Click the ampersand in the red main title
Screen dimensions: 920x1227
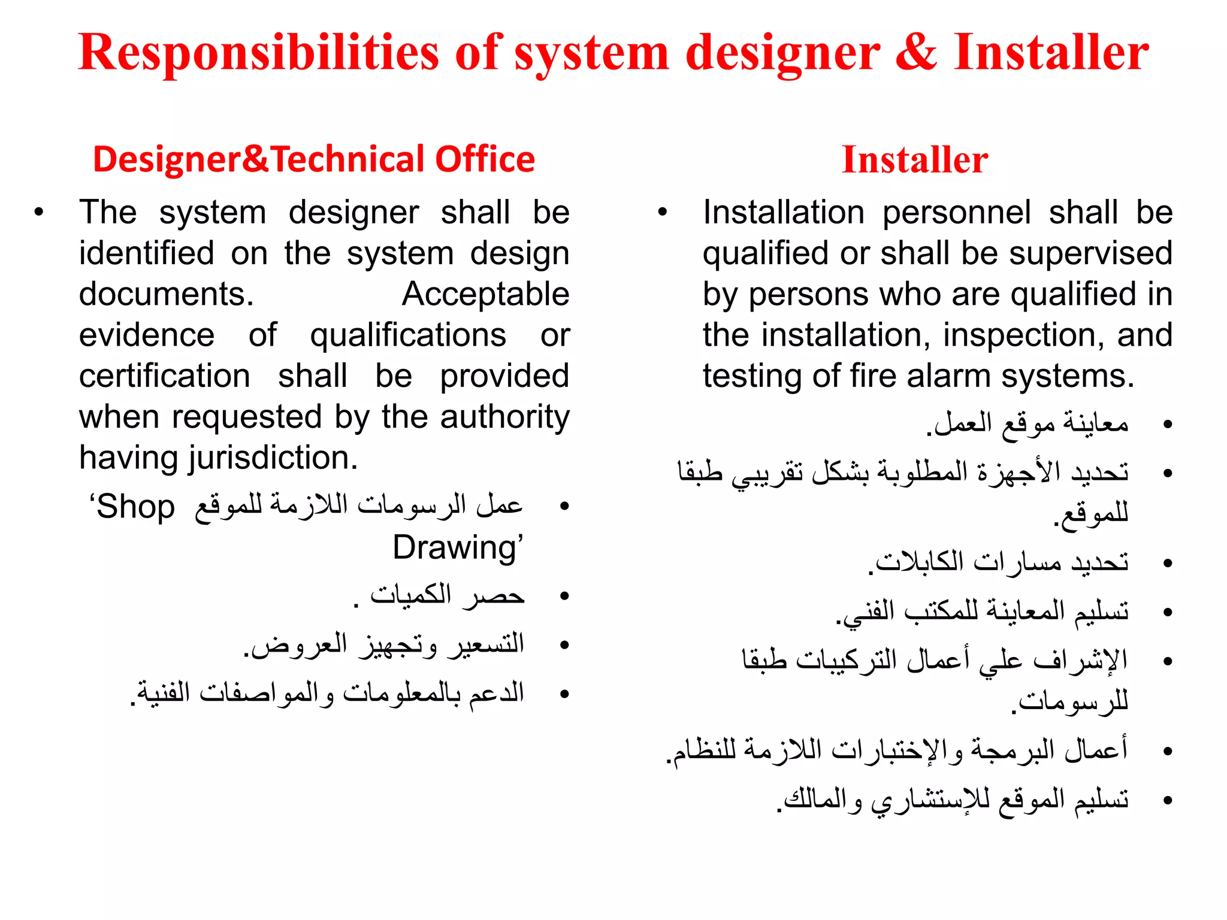(916, 53)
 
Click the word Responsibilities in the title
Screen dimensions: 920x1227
(258, 53)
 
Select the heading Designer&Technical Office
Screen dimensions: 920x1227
(314, 159)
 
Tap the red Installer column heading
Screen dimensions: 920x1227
(915, 160)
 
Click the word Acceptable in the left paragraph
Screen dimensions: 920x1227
(485, 294)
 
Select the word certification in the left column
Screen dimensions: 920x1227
(165, 376)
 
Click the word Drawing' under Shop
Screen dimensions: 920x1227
(458, 547)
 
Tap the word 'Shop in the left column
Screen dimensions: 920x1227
(132, 507)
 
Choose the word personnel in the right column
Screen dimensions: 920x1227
(956, 213)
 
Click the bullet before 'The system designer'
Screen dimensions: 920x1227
(39, 212)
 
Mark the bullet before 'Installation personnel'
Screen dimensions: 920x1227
(662, 212)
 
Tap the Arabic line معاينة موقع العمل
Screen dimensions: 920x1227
(1027, 424)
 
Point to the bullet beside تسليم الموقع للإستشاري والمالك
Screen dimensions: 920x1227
(1166, 800)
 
